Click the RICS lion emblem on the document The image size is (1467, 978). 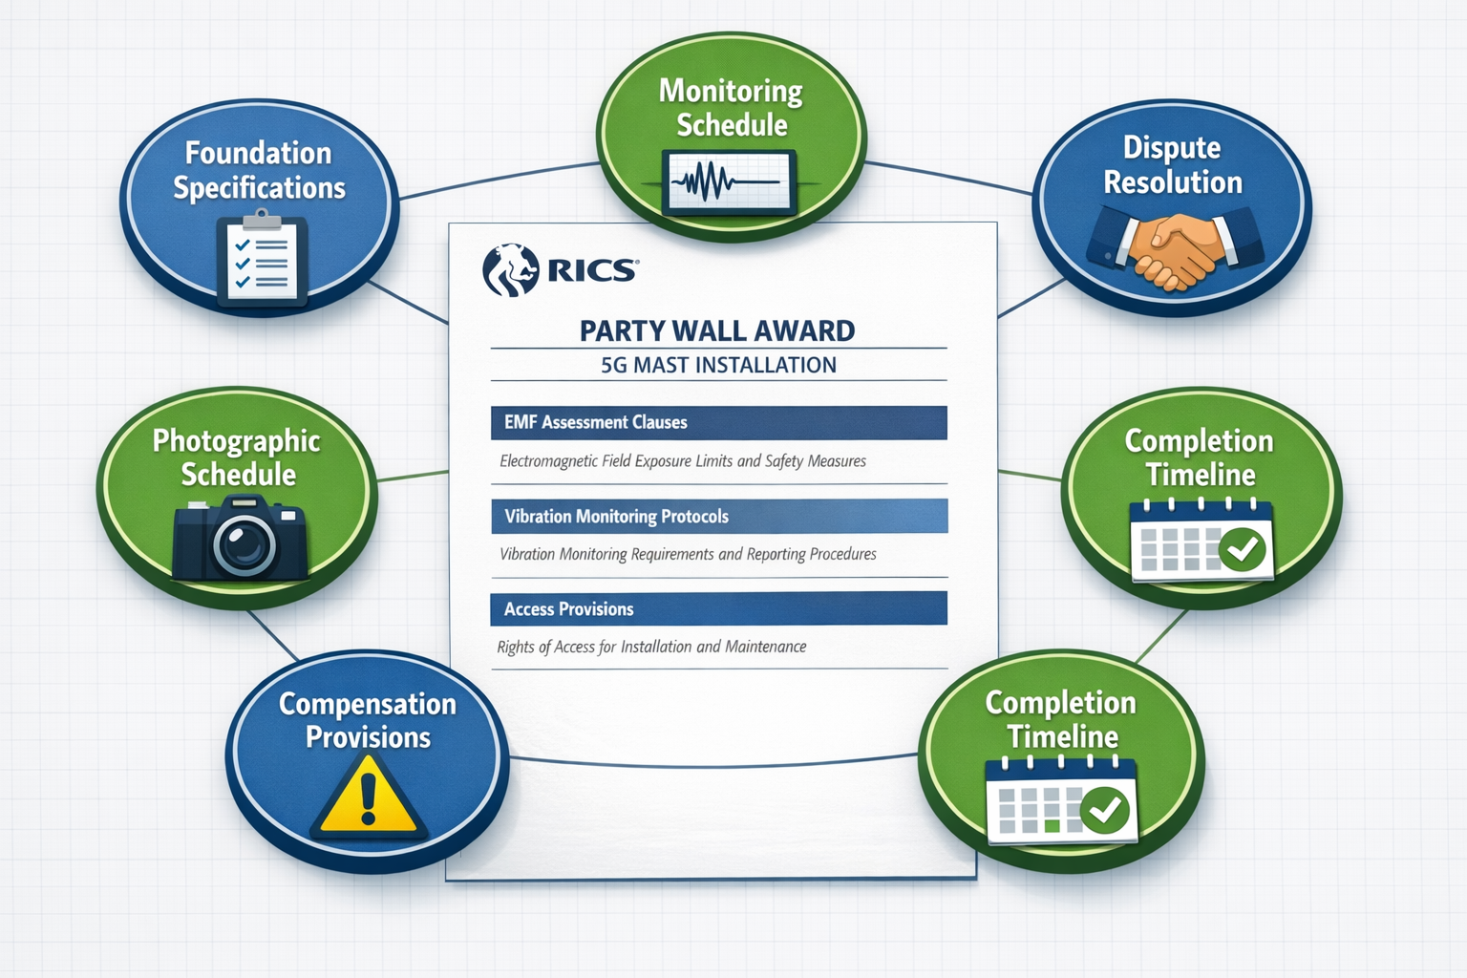click(511, 270)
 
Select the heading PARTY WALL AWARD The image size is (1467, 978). click(717, 330)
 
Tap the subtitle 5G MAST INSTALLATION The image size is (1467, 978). click(718, 365)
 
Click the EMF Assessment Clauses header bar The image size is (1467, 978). click(718, 422)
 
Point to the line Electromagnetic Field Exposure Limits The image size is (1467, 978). click(682, 461)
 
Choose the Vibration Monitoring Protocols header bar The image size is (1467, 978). click(718, 516)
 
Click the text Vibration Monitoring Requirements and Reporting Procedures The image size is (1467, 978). click(688, 554)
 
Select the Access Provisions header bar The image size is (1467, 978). click(718, 608)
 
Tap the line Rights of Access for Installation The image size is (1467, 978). click(651, 647)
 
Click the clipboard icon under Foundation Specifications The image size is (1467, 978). click(262, 260)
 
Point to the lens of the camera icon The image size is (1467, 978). click(244, 543)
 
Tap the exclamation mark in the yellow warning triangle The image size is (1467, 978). click(369, 797)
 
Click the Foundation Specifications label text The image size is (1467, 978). click(259, 170)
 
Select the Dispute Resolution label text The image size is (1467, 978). click(1173, 164)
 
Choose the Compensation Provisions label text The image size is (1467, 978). click(368, 720)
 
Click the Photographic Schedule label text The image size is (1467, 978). click(237, 457)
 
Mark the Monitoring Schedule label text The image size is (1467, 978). click(732, 107)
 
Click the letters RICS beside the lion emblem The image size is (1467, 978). click(592, 271)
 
